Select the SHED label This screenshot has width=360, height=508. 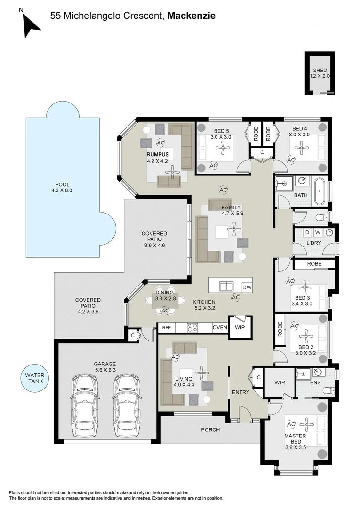click(320, 71)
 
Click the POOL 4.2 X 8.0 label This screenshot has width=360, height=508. click(62, 188)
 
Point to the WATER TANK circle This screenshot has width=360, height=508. click(34, 378)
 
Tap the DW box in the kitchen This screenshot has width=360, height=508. click(247, 287)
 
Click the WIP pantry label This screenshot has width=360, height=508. click(240, 327)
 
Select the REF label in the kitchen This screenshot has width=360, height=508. click(166, 327)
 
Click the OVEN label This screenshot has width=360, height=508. click(220, 327)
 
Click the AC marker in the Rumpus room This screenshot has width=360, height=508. click(160, 143)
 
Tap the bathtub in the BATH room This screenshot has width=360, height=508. click(320, 191)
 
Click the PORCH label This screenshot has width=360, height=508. click(210, 429)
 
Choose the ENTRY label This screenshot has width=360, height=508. click(240, 392)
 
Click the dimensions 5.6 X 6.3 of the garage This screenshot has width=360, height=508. click(104, 371)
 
